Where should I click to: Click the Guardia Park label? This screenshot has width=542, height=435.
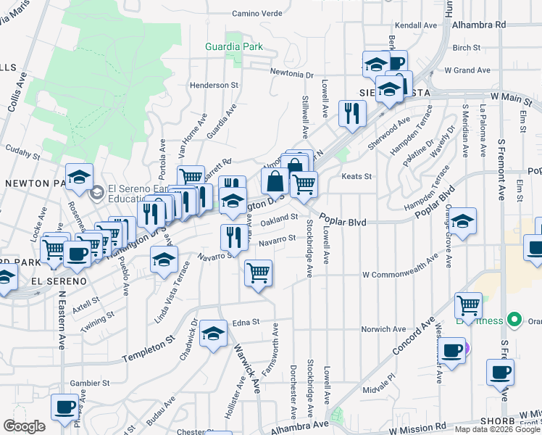(232, 47)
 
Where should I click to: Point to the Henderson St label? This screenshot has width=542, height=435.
(214, 85)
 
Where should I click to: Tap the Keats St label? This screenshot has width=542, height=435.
(357, 176)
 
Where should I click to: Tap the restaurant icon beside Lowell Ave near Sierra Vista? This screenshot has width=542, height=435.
(352, 113)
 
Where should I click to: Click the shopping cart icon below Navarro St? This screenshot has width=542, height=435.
(258, 273)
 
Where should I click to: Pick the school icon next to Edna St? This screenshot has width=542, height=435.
(213, 333)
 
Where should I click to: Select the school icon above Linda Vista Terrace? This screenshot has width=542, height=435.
(164, 259)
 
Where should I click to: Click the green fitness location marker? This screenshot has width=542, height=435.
(514, 319)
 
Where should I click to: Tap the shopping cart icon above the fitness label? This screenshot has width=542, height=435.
(469, 304)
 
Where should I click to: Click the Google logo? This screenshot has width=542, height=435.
(23, 426)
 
